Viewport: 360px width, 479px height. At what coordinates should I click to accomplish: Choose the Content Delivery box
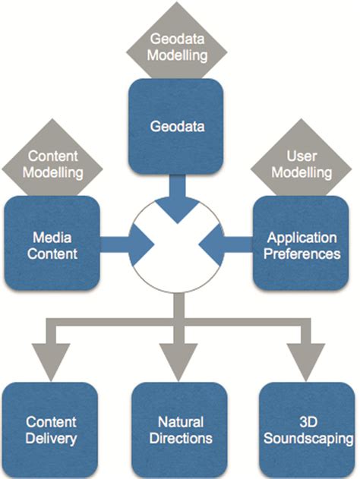(x=52, y=430)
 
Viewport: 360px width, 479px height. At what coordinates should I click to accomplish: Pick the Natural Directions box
(x=180, y=430)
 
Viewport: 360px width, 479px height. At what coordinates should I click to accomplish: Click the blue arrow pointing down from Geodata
(x=180, y=199)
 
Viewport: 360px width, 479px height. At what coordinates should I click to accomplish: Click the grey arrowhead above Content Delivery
(x=52, y=361)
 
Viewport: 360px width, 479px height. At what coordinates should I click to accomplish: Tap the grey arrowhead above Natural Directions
(x=180, y=361)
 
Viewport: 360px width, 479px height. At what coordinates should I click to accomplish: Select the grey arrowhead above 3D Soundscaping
(x=306, y=361)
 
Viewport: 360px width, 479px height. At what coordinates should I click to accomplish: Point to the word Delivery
(x=52, y=438)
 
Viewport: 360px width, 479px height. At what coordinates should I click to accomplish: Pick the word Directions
(x=180, y=438)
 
